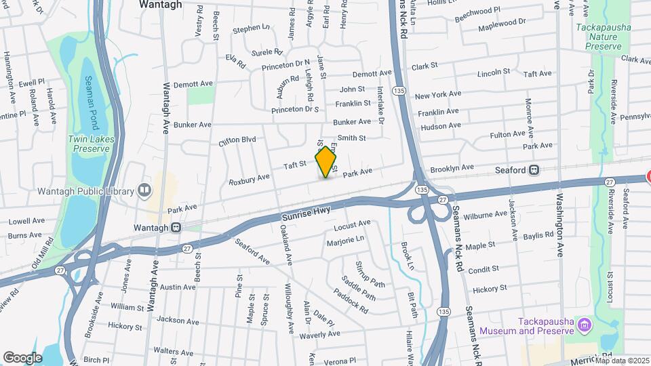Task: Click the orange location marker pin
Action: (x=326, y=162)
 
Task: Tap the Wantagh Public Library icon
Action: (x=144, y=190)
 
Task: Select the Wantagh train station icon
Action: (x=176, y=228)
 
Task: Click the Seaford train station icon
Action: (x=534, y=169)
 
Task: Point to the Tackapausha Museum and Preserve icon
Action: (x=583, y=327)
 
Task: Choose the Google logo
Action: (x=22, y=357)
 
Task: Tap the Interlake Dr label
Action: (x=380, y=109)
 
